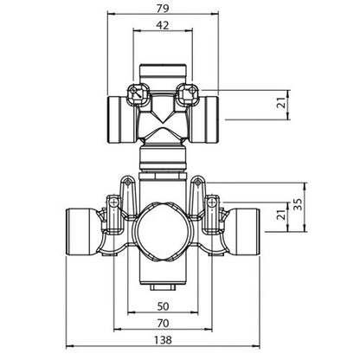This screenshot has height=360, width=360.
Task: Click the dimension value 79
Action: [x=163, y=8]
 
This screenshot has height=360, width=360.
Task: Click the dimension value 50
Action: [x=164, y=305]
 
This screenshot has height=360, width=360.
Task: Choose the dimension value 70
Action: [x=164, y=322]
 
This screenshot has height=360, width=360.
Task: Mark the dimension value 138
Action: [x=164, y=342]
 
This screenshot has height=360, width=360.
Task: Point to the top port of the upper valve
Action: [x=163, y=69]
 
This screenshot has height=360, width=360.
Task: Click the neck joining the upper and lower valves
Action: [x=163, y=156]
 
